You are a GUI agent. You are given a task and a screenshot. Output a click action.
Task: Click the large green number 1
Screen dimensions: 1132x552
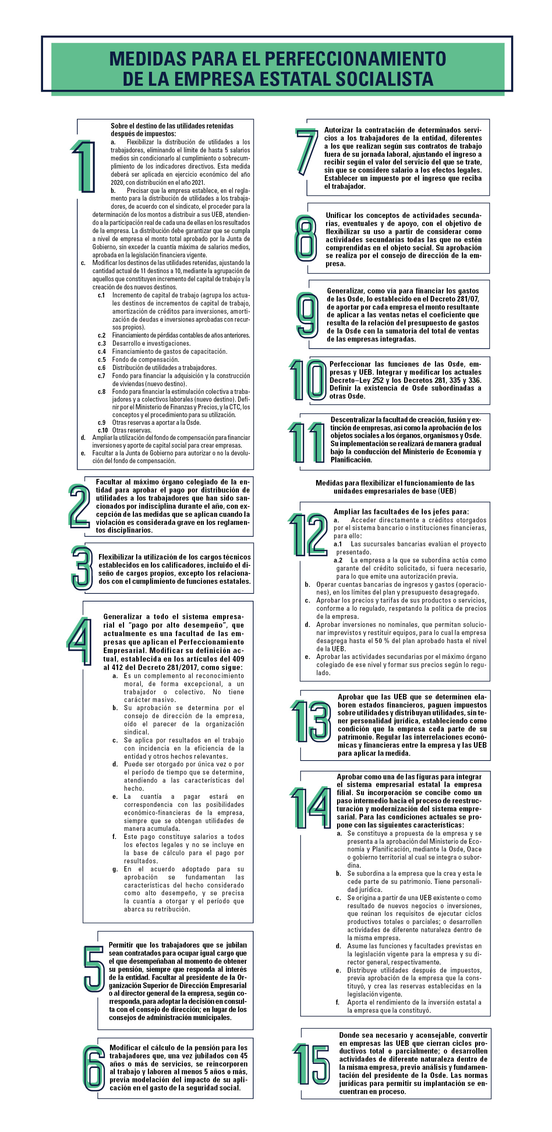tap(84, 166)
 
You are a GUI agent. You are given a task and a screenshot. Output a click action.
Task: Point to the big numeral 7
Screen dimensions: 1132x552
tap(307, 151)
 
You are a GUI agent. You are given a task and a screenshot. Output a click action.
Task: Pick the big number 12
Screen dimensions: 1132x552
tap(308, 534)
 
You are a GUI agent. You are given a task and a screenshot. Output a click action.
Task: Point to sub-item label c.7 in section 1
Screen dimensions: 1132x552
tap(102, 376)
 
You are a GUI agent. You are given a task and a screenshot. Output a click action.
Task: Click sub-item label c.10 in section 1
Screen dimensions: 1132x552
tap(103, 430)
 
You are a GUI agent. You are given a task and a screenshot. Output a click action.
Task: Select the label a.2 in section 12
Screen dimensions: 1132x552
tap(338, 560)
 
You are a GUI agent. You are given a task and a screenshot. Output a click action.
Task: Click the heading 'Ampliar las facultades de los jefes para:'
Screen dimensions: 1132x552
tap(401, 511)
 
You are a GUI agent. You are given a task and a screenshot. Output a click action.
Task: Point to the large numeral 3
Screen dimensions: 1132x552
tap(82, 568)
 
